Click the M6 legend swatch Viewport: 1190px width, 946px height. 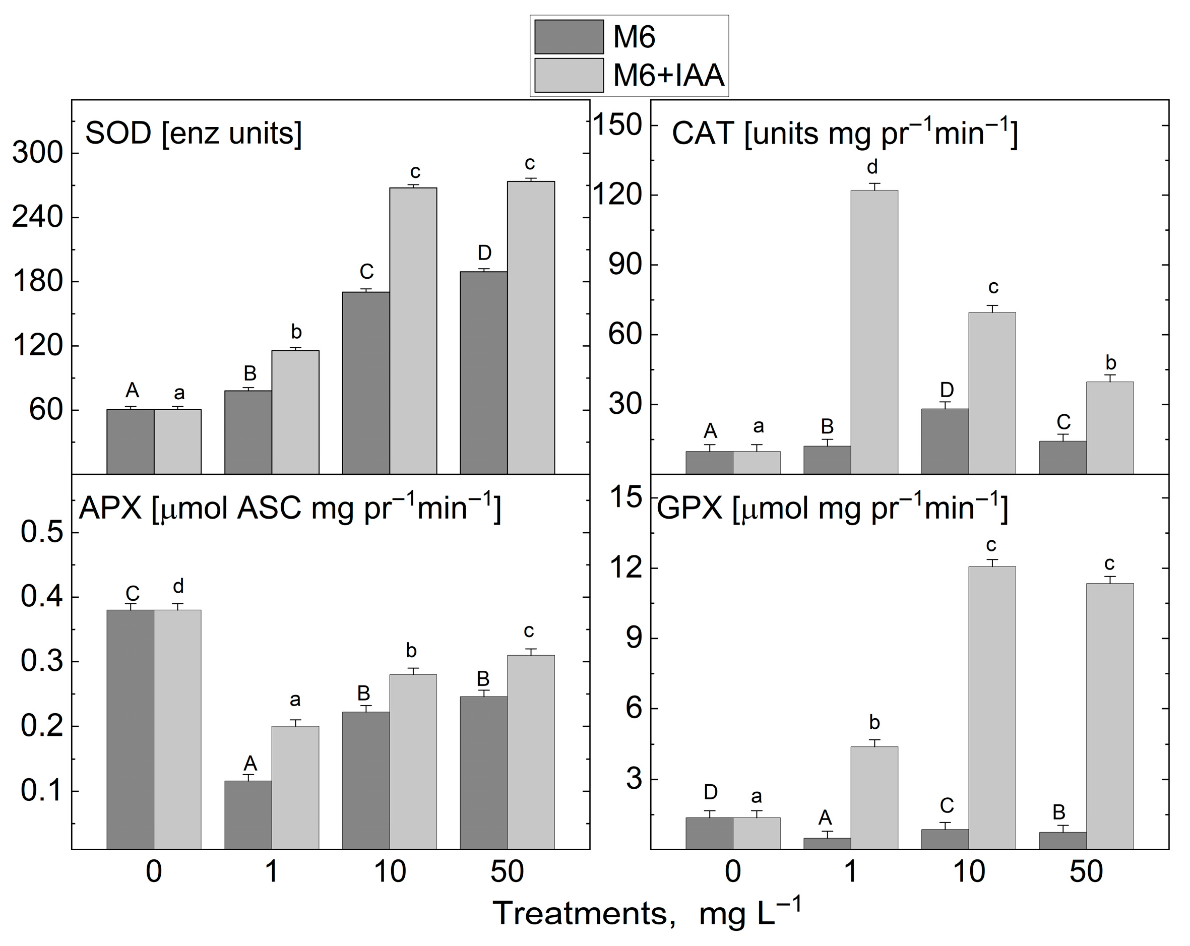pos(569,37)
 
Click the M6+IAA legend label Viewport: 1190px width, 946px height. pos(668,76)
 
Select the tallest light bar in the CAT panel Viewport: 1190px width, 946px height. pos(874,331)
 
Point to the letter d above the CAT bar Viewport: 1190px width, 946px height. pos(872,167)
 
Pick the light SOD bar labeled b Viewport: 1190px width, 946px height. pos(295,412)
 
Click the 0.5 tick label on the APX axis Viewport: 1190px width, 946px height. pos(42,533)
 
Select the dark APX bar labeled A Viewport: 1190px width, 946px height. pos(248,814)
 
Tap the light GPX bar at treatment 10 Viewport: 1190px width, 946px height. pos(992,707)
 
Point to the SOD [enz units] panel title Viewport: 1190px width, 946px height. pos(193,134)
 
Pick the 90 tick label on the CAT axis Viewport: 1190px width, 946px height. pos(625,265)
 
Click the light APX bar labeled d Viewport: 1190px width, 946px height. pos(177,729)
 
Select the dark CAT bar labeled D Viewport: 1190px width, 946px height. pos(945,441)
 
